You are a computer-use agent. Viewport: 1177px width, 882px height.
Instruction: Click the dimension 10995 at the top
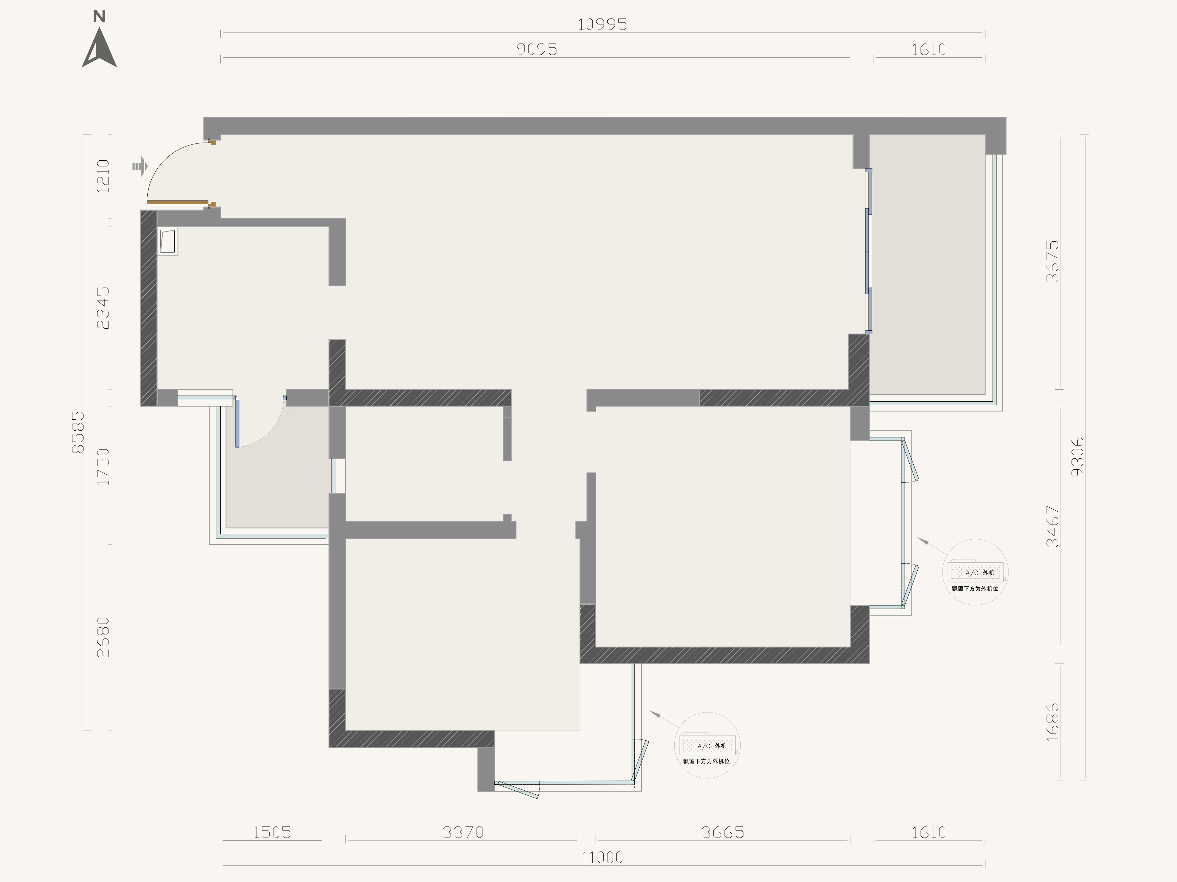coord(602,25)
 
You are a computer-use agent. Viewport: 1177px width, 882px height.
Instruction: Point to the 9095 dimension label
coord(537,49)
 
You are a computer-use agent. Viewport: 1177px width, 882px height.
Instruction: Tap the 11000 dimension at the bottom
coord(602,857)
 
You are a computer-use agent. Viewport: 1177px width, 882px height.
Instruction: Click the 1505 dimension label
coord(272,832)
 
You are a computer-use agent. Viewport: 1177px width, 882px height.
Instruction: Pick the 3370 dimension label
coord(463,832)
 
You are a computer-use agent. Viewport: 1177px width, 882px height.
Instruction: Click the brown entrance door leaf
coord(177,202)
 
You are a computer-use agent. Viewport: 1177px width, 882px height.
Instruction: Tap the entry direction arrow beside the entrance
coord(139,166)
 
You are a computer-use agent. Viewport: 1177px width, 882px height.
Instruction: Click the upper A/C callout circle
coord(975,572)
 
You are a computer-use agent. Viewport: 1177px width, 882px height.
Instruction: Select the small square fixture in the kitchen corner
coord(168,242)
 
